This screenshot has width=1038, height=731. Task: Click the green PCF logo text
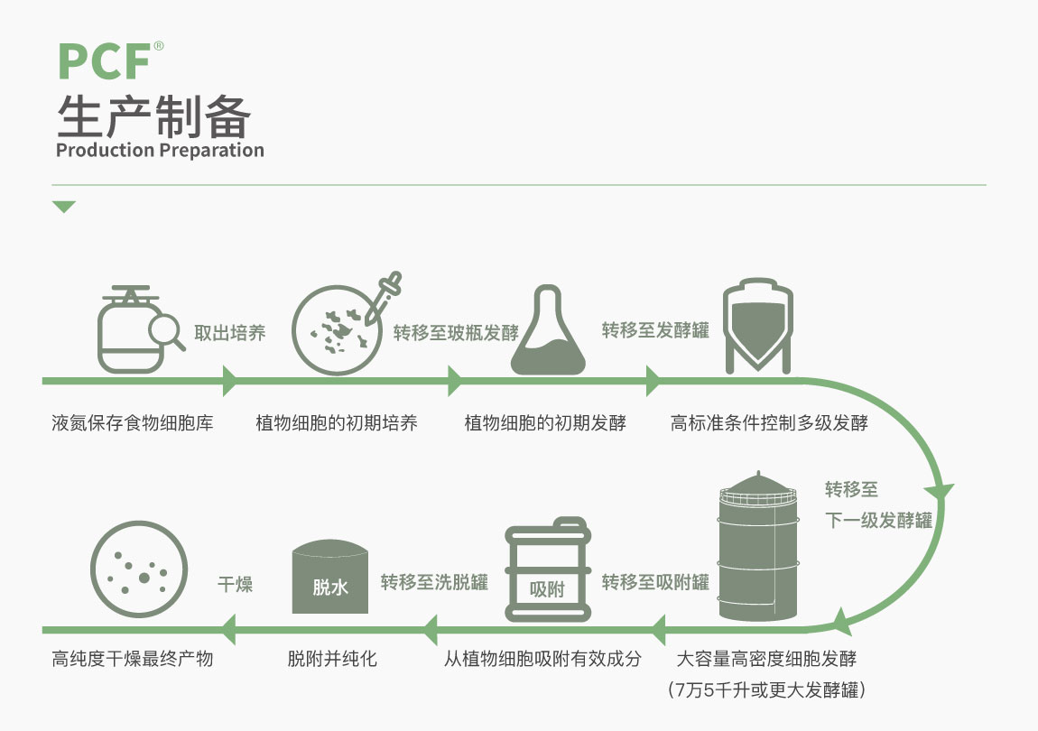[x=103, y=61]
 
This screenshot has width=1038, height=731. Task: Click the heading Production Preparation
[x=160, y=150]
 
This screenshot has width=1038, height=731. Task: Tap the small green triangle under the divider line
[x=63, y=208]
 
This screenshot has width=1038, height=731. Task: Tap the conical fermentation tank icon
[x=758, y=326]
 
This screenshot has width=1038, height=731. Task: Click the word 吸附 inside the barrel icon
[x=547, y=590]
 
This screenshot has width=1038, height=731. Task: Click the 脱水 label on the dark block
[x=329, y=588]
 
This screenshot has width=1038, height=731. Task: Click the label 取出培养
[x=230, y=332]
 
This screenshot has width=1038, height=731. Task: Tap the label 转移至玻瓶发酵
[x=456, y=332]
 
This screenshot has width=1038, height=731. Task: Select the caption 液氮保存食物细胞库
[x=133, y=422]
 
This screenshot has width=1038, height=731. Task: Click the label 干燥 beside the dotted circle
[x=235, y=584]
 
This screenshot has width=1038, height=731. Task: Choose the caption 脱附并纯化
[x=332, y=659]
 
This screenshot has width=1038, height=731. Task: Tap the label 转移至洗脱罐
[x=434, y=582]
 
